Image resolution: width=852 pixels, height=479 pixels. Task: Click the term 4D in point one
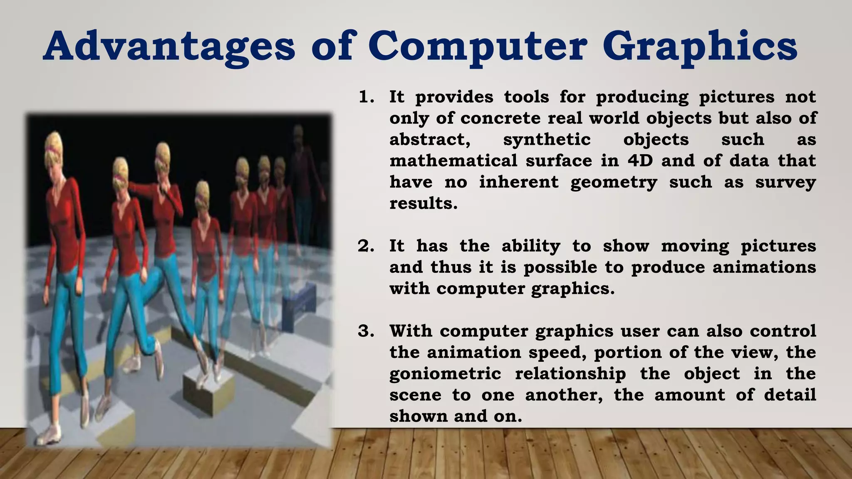(x=640, y=161)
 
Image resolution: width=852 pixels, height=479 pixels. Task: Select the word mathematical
(x=453, y=161)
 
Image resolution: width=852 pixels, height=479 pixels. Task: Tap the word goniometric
(x=445, y=374)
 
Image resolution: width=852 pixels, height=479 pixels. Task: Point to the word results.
(x=423, y=204)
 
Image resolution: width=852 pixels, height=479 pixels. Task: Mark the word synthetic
(x=547, y=140)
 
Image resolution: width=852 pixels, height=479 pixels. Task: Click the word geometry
(x=614, y=183)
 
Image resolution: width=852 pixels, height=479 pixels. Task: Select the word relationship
(x=570, y=374)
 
